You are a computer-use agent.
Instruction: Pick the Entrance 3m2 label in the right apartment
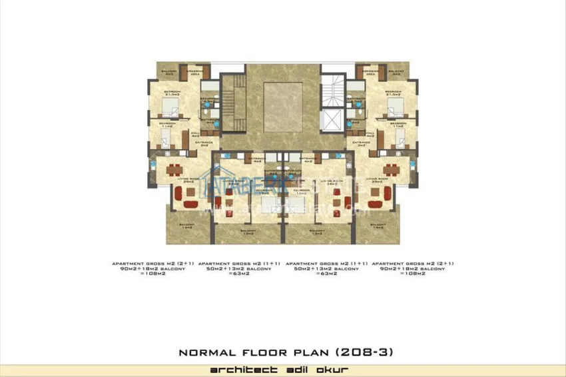[x=361, y=143]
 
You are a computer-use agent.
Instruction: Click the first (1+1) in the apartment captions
[x=271, y=264]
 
